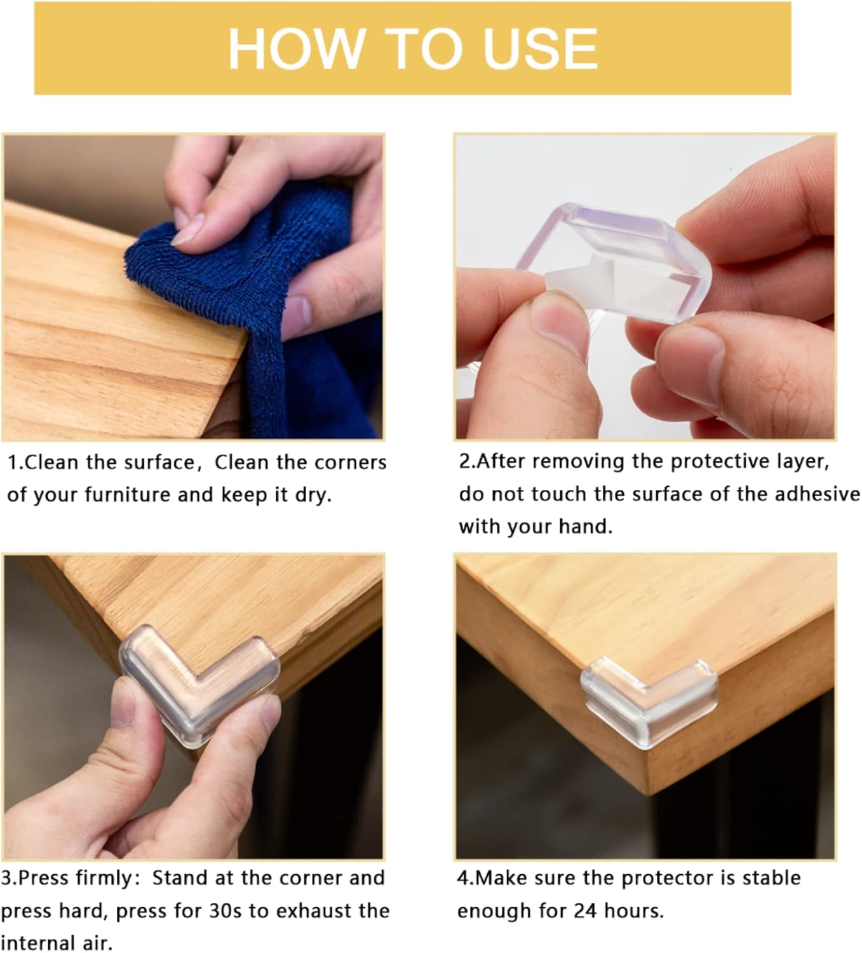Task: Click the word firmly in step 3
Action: [105, 878]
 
